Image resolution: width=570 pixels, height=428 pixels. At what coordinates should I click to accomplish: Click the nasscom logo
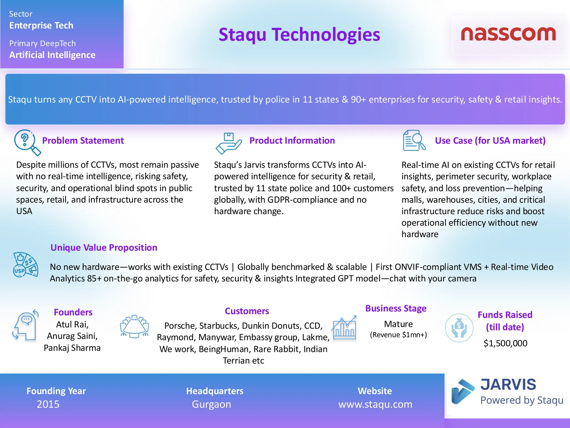point(508,35)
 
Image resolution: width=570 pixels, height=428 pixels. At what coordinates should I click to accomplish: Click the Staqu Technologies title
point(299,35)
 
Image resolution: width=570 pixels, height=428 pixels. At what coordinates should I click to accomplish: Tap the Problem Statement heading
point(83,140)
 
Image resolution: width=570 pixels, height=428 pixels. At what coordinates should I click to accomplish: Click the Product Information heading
point(292,140)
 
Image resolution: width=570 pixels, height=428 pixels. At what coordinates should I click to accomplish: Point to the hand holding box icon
point(228,143)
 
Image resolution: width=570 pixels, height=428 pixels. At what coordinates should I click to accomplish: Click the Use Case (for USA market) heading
point(490,140)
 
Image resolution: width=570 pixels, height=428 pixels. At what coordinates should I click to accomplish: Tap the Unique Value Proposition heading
point(104,247)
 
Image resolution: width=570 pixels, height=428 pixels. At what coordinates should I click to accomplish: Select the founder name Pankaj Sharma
point(72,348)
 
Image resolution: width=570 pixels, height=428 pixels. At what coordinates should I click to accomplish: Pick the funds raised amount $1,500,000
point(505,343)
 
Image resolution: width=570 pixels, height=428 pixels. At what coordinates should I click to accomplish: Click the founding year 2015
point(48,404)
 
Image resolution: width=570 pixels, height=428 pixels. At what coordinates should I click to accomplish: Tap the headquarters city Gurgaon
point(212,404)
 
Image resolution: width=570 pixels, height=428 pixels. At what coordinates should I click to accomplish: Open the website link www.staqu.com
point(375,404)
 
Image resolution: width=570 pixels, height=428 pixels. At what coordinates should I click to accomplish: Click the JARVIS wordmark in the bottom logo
point(508,385)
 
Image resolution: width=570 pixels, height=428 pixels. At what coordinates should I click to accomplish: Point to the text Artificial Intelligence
point(52,55)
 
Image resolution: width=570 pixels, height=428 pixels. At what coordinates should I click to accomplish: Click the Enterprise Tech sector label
point(41,25)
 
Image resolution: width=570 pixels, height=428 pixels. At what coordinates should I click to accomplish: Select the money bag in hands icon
point(459,328)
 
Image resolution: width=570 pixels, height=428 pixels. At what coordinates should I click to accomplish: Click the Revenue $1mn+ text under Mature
point(398,335)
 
